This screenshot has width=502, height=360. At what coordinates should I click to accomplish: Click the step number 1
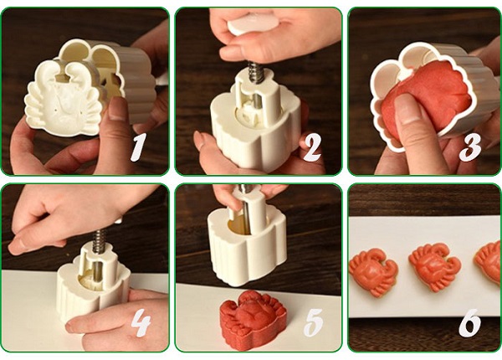[138, 147]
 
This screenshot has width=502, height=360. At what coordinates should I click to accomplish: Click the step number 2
[311, 147]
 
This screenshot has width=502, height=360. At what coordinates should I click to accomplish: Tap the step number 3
[470, 147]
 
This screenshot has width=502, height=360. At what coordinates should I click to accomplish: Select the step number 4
[141, 323]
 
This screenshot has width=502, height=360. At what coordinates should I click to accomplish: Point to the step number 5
[314, 323]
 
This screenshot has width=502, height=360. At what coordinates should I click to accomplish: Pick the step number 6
[469, 323]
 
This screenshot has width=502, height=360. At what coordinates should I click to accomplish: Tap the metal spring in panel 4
[100, 240]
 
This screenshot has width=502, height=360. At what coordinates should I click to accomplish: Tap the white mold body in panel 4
[94, 282]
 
